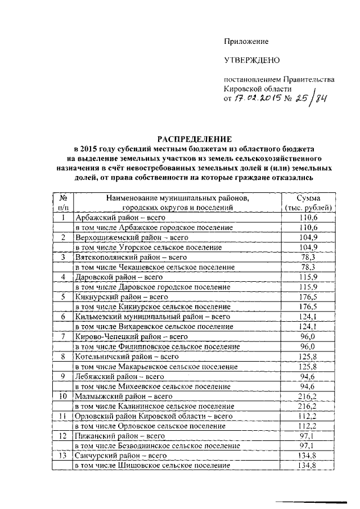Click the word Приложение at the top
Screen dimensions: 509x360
pyautogui.click(x=246, y=41)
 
